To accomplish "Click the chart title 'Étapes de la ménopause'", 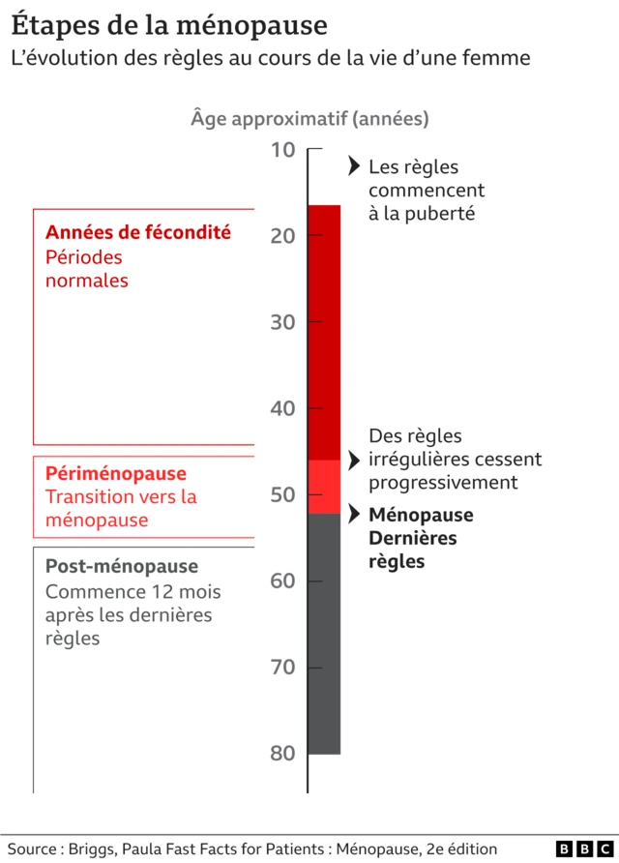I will point(169,24).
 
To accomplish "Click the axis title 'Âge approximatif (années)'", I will point(309,119).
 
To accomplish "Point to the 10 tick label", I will point(282,149).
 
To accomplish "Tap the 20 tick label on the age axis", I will point(282,235).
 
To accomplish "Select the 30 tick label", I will point(282,322).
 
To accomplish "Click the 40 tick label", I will point(282,408).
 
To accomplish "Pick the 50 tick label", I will point(282,494).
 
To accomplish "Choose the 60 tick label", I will point(282,580).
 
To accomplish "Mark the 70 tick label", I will point(282,668).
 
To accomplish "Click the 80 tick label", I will point(282,754).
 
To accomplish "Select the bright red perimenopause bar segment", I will point(324,487).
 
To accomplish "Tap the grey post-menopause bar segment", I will point(324,634).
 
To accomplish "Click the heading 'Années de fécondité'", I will point(138,232).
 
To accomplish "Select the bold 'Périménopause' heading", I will point(116,474).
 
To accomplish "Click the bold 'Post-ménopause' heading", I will point(122,566).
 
